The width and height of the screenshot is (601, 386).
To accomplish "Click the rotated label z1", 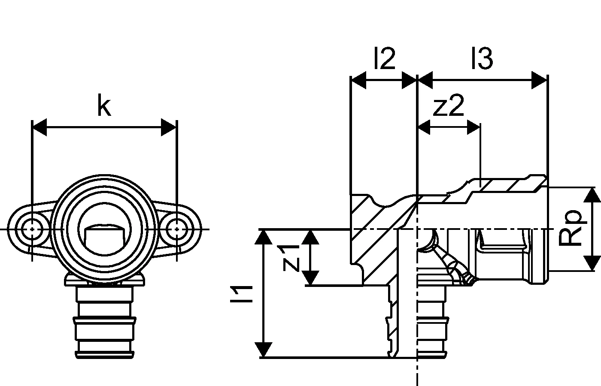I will [291, 257].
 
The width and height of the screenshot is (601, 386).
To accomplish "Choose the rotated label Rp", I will [573, 227].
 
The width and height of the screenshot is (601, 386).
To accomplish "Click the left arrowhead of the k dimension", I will [39, 127].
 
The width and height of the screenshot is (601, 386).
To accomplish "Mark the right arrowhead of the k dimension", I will [168, 127].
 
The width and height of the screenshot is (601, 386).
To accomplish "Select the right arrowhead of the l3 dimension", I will [540, 80].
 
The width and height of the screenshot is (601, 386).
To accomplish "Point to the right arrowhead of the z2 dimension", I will [473, 127].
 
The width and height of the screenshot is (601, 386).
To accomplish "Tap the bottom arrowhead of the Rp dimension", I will [592, 263].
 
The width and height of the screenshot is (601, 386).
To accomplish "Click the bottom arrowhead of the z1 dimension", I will [312, 278].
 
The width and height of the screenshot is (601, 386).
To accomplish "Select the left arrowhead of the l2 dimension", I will [358, 80].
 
